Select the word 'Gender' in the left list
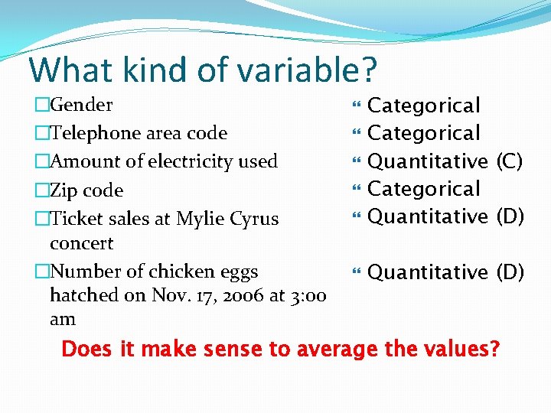click(x=81, y=105)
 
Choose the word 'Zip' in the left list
click(x=64, y=190)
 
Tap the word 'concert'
click(x=81, y=244)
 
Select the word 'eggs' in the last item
click(x=238, y=272)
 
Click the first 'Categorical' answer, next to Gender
click(x=424, y=106)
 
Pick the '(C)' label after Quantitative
click(x=510, y=161)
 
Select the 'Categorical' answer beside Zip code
click(x=424, y=189)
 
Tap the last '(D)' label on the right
click(x=510, y=272)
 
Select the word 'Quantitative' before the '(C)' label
click(x=428, y=161)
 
